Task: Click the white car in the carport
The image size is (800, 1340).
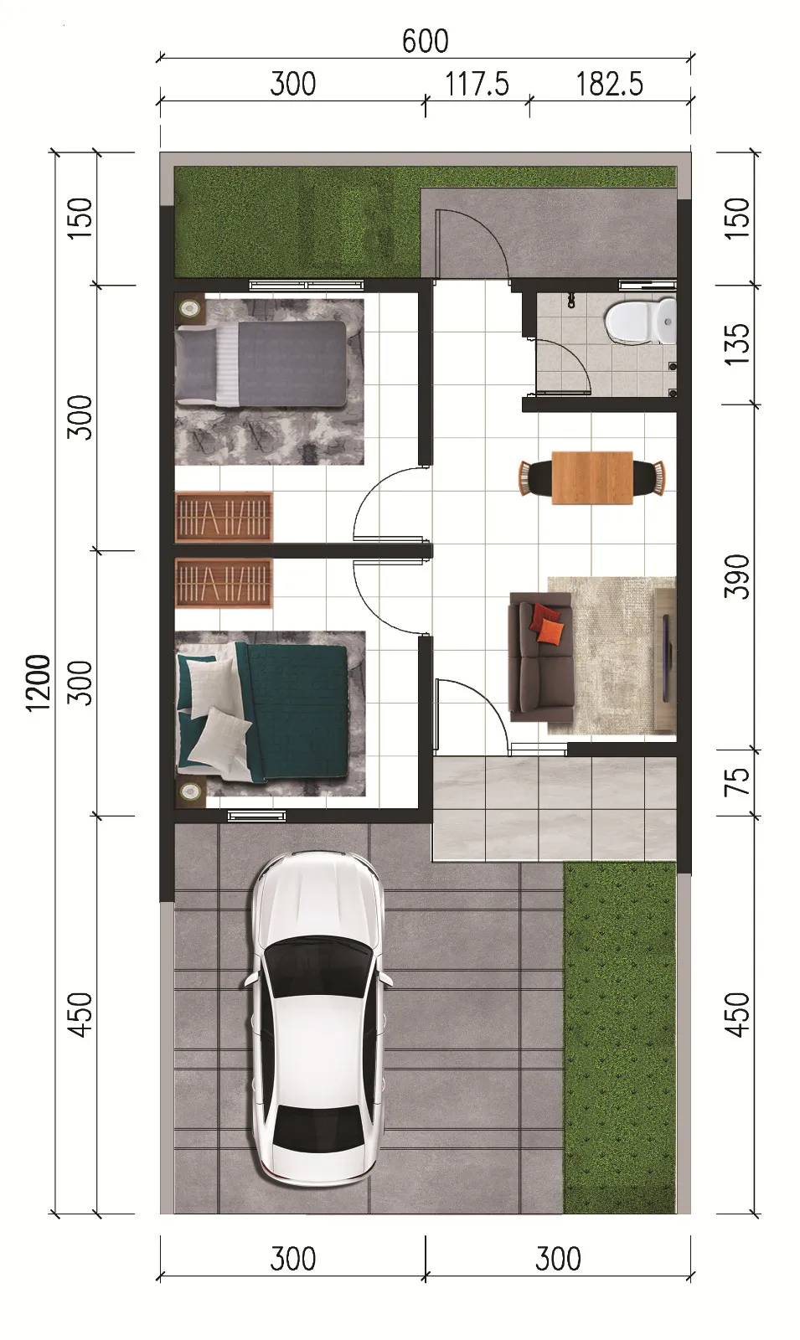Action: coord(317,1018)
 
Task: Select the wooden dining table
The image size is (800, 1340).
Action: coord(592,477)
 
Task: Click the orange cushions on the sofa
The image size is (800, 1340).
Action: coord(548,623)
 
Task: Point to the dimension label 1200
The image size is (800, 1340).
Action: coord(39,683)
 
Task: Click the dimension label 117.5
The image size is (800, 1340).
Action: coord(477,84)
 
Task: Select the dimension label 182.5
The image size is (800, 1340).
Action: coord(609,84)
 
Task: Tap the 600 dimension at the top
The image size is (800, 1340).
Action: coord(425,41)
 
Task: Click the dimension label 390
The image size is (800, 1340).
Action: coord(736,576)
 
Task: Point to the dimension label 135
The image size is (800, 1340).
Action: coord(736,344)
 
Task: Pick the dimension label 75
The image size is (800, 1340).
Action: coord(736,782)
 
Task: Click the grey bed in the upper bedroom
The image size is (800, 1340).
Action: coord(261,363)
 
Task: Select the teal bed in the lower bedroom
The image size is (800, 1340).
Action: coord(262,713)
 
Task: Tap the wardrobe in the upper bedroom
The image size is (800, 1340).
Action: coord(224,517)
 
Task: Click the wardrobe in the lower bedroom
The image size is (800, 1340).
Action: coord(224,583)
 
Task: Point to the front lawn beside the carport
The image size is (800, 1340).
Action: coord(620,1038)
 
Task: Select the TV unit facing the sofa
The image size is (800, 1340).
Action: coord(666,659)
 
